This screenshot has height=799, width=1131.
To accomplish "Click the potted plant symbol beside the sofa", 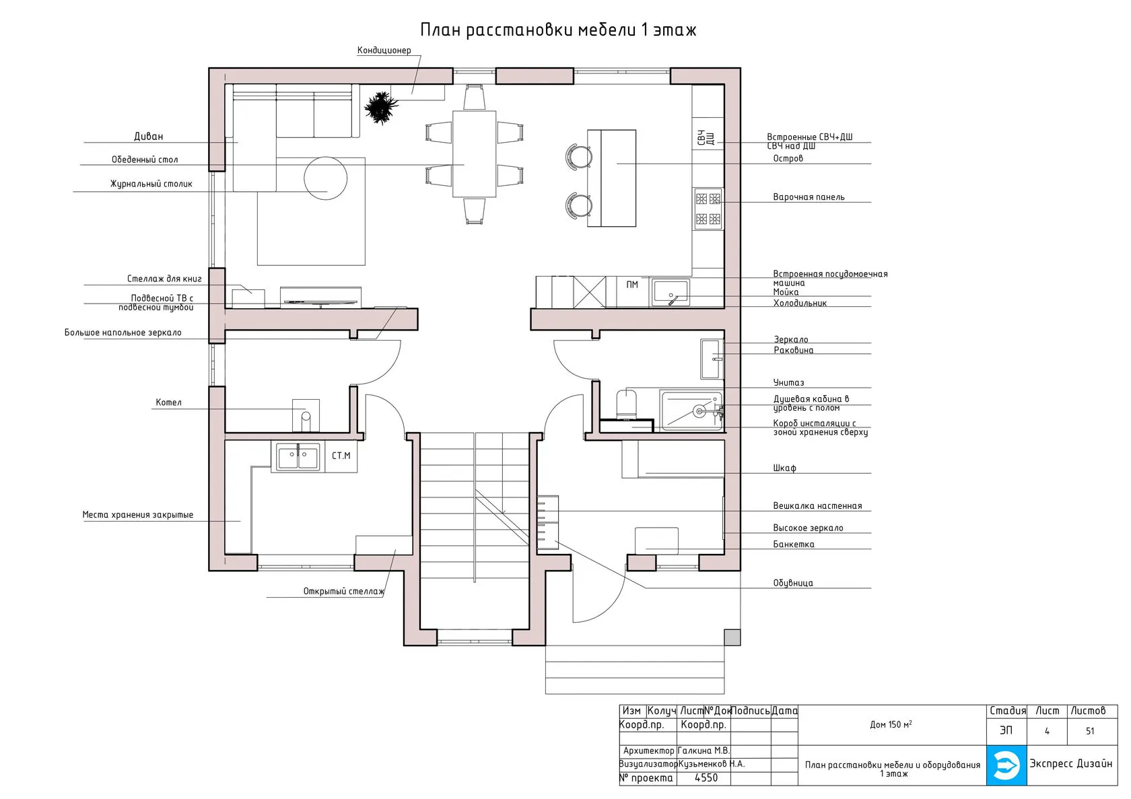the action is (381, 108).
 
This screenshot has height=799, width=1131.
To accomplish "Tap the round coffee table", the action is (326, 178).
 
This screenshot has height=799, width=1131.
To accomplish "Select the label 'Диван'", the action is (148, 136).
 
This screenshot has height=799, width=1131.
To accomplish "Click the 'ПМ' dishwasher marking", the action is (632, 285).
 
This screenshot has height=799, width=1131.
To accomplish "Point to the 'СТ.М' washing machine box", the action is (341, 456).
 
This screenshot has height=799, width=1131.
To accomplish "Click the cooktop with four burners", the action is (708, 209).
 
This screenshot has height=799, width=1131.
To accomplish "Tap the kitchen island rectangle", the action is (611, 178).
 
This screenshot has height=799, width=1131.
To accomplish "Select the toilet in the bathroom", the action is (626, 404).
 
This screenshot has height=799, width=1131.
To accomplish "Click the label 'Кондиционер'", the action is (384, 50).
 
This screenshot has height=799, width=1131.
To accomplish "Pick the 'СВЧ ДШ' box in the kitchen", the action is (708, 137).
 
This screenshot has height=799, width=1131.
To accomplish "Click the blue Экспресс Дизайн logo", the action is (1006, 765).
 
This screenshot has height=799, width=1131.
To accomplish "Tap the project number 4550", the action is (706, 778).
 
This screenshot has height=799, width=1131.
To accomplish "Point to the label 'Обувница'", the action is (793, 583).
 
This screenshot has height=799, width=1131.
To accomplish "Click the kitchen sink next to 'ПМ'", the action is (671, 293).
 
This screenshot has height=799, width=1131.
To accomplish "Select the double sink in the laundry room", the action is (298, 457).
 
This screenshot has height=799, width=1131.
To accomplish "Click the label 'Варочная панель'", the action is (809, 197).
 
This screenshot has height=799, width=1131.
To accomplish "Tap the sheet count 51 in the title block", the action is (1090, 731).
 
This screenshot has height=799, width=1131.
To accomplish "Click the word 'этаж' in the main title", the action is (675, 30).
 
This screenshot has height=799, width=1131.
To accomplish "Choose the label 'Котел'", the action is (168, 403).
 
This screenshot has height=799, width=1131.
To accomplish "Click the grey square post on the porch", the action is (732, 637).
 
